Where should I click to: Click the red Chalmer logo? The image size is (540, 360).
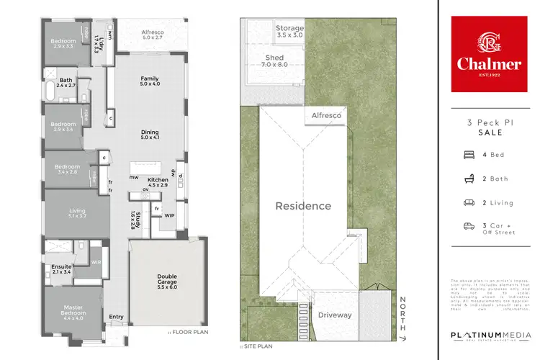pos(489,55)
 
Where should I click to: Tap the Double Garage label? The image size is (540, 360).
pos(166,280)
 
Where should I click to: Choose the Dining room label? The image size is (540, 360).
pos(149,133)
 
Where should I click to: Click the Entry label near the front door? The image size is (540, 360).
pos(116,316)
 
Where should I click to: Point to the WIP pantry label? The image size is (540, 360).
pos(170,215)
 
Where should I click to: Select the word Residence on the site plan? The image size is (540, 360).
pos(303,206)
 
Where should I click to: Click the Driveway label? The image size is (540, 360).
pos(335,315)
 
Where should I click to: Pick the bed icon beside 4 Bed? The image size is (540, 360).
pos(468,154)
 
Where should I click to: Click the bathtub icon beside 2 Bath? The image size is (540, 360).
pos(468,178)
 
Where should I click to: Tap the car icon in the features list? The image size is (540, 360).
pos(468,226)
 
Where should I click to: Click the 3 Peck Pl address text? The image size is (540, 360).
pos(489,125)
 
